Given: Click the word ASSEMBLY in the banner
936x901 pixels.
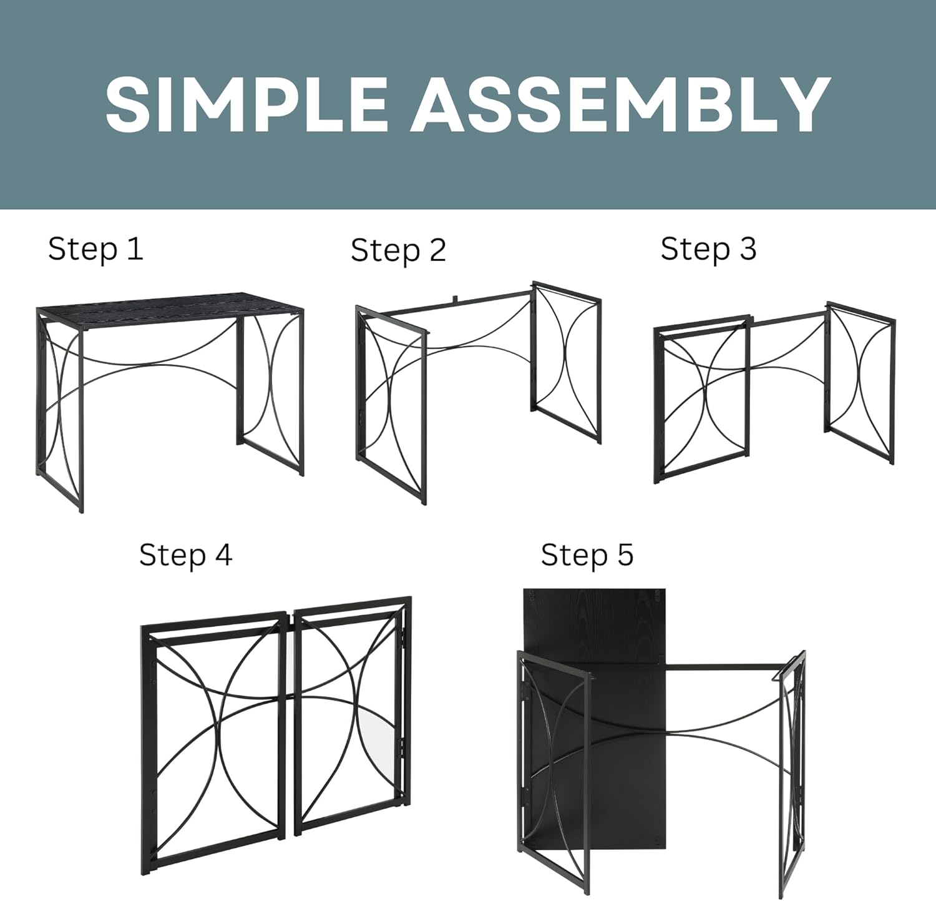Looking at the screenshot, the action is [620, 104].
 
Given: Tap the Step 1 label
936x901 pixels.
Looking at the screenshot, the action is [95, 249].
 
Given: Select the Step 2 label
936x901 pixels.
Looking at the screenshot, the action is [398, 250].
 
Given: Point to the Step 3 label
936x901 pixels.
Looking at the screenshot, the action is [708, 249].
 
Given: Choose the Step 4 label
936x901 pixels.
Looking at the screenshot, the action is [185, 555].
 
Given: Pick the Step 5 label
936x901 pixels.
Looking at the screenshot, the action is [587, 555].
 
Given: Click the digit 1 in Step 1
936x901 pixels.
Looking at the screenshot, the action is [135, 249].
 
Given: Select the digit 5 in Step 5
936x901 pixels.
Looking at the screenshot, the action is [625, 554].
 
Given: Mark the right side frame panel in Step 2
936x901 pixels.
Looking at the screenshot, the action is [567, 362].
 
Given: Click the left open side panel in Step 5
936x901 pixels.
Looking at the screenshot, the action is [553, 756].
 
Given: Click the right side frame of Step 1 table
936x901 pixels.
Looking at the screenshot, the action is [270, 393].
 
